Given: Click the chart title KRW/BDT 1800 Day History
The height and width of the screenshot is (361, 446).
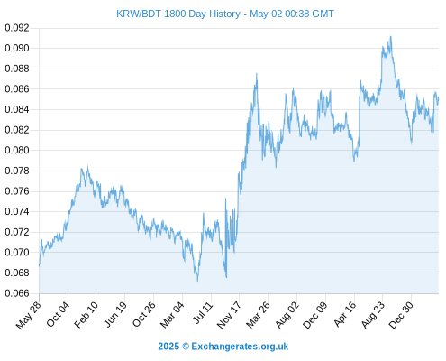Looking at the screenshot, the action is click(178, 14).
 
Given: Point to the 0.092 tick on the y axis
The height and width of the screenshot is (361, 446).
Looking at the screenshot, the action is click(17, 28).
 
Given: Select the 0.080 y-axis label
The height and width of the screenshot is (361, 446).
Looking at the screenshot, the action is click(17, 150).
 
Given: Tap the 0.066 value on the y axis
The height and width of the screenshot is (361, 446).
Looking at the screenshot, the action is click(17, 293).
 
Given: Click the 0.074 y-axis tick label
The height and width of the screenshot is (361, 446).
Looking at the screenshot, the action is click(17, 211).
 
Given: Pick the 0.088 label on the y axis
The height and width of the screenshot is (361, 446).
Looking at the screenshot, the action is click(17, 69).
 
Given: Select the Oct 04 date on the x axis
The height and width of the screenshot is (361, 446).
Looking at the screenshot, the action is click(58, 314).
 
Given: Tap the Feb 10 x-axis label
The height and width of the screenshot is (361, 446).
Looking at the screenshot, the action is click(86, 314).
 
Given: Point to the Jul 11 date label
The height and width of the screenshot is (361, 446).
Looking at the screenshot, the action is click(203, 313).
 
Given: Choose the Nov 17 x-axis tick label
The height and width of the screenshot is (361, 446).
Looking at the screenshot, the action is click(229, 315).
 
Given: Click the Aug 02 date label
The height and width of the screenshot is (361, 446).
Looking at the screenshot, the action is click(287, 315).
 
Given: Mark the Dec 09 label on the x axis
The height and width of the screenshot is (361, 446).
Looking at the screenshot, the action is click(315, 315).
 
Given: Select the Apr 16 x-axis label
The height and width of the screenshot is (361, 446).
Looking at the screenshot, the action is click(345, 314).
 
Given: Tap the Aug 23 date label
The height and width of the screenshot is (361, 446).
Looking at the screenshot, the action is click(373, 315).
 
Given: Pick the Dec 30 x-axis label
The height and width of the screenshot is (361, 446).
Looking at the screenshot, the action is click(401, 315).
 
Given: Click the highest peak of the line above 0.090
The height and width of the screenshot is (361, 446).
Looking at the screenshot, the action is click(391, 36).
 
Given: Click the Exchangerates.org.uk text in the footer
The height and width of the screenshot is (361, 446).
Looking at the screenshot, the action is click(240, 347).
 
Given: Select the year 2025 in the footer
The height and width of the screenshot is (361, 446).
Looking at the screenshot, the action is click(168, 347).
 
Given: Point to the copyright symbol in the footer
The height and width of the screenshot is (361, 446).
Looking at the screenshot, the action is click(186, 347).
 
